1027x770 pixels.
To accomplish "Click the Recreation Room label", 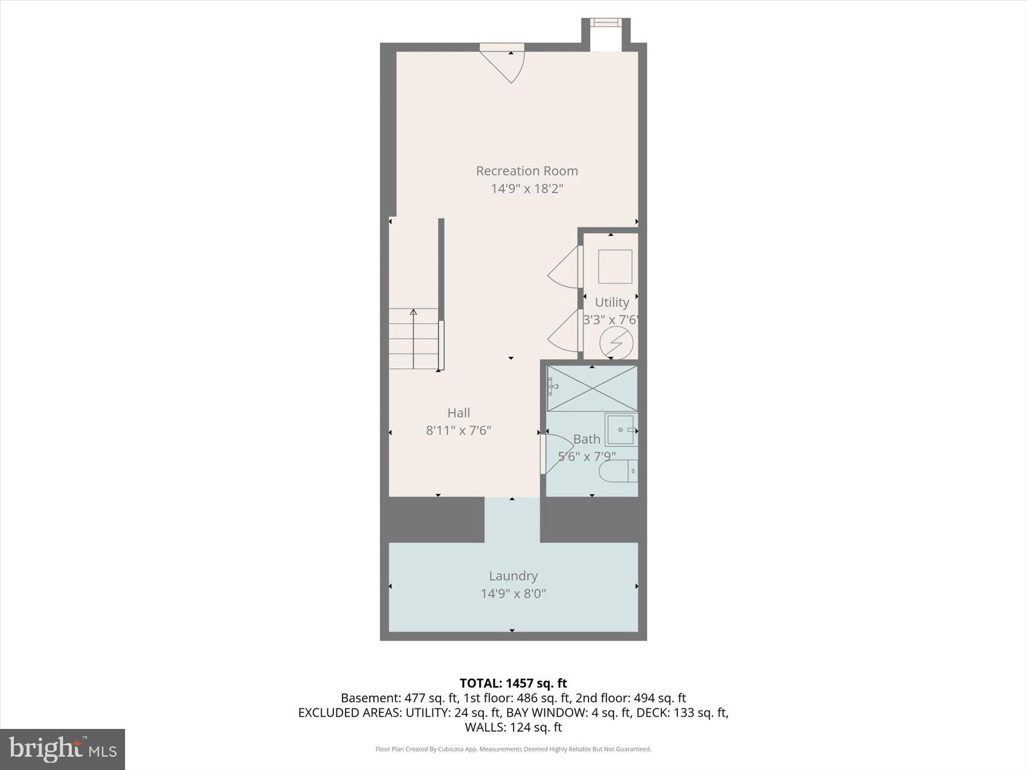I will coord(527,171).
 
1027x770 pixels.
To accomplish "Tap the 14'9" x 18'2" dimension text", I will coord(527,188).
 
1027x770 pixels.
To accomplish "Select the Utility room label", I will coord(611,302).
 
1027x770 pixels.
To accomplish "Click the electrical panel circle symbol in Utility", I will coord(616,344).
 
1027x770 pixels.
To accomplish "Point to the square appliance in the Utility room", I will coord(615,266).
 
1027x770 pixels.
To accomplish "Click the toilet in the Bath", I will coord(617,471).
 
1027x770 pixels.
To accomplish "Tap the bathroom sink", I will coord(620,429).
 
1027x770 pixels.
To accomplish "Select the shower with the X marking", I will coord(591,389).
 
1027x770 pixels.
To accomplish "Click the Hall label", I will coord(459,413).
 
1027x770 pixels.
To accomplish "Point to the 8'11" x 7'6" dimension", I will coord(459,431).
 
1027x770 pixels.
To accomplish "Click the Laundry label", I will coord(513,576).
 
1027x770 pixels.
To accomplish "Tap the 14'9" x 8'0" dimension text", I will coord(513,594).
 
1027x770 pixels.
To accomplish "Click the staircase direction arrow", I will coord(413,313).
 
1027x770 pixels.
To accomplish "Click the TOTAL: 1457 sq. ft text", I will coord(513,683).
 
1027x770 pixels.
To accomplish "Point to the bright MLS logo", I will coord(63,749).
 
